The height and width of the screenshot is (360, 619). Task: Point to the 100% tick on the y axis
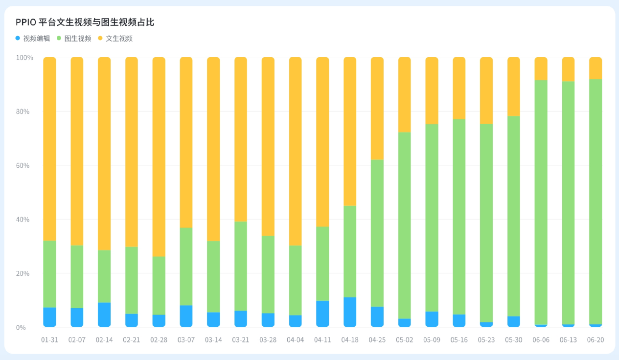coord(24,58)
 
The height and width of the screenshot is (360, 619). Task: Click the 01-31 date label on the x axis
coord(49,339)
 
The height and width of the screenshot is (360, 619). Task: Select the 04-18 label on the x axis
coord(350,339)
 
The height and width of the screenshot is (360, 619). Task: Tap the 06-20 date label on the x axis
coord(595,339)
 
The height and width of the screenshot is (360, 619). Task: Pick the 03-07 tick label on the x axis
coord(186,339)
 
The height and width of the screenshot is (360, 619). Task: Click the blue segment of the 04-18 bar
coord(350,312)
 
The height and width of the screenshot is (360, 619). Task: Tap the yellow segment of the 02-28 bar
coord(159,157)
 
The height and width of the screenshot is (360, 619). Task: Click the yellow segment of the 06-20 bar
coord(595,68)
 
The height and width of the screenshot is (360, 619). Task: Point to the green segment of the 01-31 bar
coord(49,274)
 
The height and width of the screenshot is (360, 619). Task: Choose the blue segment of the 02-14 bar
coord(104,315)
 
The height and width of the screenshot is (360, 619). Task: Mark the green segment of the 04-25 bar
coord(377,233)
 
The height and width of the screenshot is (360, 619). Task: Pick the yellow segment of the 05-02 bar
coord(404,94)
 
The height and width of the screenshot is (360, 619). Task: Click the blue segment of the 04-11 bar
coord(322,314)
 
